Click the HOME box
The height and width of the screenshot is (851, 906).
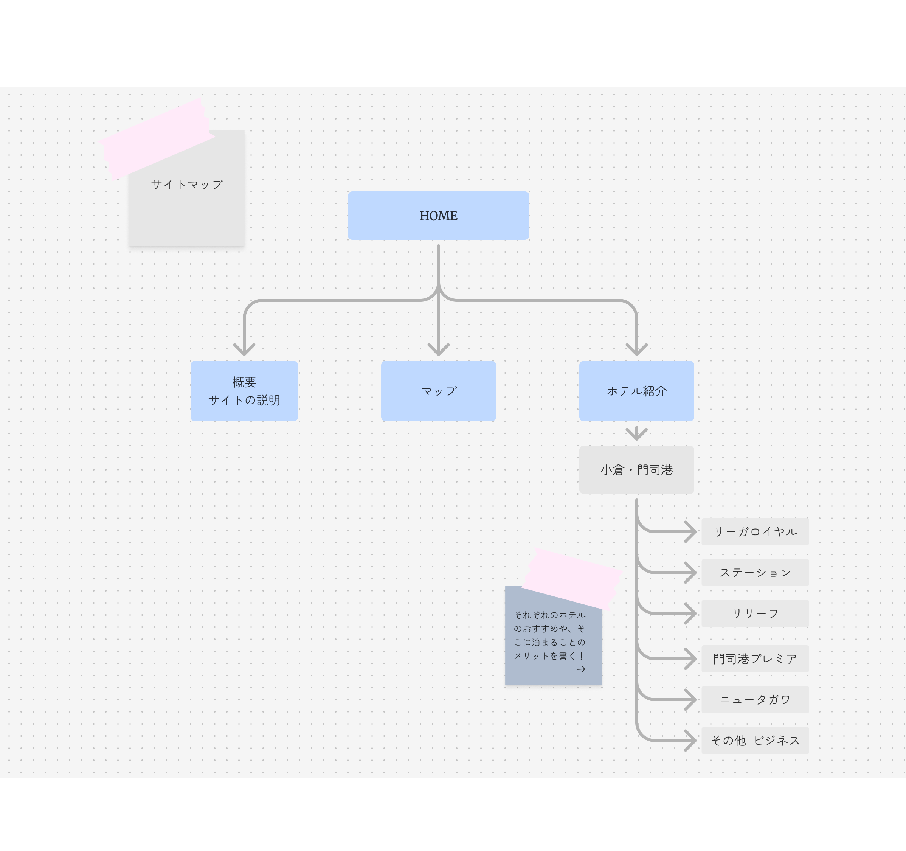point(438,216)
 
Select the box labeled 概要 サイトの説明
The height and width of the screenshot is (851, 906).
point(244,391)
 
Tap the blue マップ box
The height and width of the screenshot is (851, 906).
point(438,391)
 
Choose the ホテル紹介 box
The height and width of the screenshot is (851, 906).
point(636,391)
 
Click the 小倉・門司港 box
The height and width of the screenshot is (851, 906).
point(636,470)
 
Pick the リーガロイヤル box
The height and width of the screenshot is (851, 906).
point(755,531)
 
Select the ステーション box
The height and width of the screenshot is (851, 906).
point(755,573)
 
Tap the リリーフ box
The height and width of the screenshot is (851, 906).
point(755,613)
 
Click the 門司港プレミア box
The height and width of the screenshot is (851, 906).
point(755,658)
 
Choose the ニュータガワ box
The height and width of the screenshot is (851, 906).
point(755,700)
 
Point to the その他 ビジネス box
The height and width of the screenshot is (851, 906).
point(755,741)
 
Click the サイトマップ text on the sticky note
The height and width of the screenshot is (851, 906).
point(187,185)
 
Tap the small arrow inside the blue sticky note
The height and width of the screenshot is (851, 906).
point(581,669)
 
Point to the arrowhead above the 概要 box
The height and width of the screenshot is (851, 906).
point(244,350)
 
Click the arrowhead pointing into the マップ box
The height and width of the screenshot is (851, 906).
point(438,350)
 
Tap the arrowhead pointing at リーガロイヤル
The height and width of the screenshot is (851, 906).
point(691,531)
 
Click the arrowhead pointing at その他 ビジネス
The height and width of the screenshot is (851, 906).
point(691,741)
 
